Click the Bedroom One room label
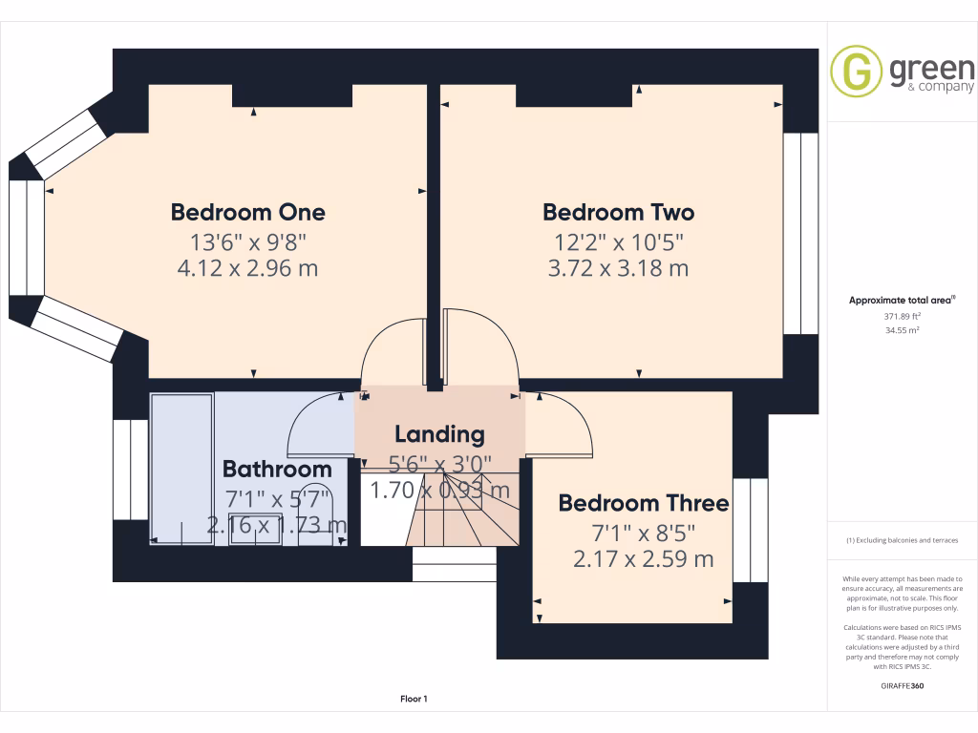click(x=247, y=212)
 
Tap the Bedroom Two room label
click(x=618, y=212)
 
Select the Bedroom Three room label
click(x=643, y=503)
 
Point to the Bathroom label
click(x=277, y=469)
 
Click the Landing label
click(x=439, y=434)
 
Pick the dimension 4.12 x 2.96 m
click(x=247, y=268)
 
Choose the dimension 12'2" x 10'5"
click(x=618, y=241)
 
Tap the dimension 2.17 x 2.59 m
click(x=643, y=559)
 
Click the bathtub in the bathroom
click(x=181, y=468)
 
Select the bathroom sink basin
click(x=255, y=532)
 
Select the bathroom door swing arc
click(x=320, y=425)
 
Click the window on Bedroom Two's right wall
click(x=800, y=234)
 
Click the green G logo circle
click(x=856, y=72)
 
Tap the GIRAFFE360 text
click(x=902, y=686)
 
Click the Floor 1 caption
click(x=414, y=700)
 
